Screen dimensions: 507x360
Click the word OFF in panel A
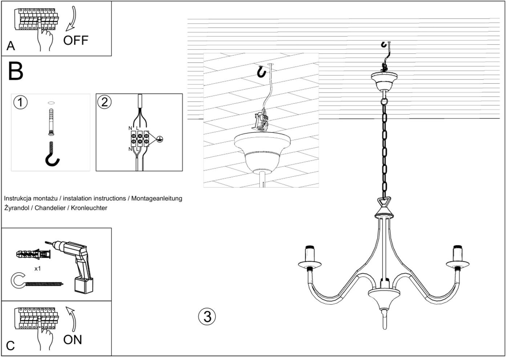tap(76, 40)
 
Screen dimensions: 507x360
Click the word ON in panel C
tap(72, 340)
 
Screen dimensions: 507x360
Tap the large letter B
tap(16, 71)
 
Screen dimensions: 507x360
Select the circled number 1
tap(20, 102)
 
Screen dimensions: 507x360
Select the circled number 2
tap(104, 102)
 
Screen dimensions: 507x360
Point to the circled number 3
tap(207, 316)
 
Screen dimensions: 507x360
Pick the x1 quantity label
tap(37, 269)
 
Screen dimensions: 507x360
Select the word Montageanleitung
tap(157, 199)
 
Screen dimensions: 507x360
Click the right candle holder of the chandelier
tap(458, 257)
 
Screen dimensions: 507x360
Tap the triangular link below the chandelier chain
tap(384, 201)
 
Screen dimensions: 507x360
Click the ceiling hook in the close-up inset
tap(261, 71)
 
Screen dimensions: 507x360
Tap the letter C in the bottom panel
tap(11, 346)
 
